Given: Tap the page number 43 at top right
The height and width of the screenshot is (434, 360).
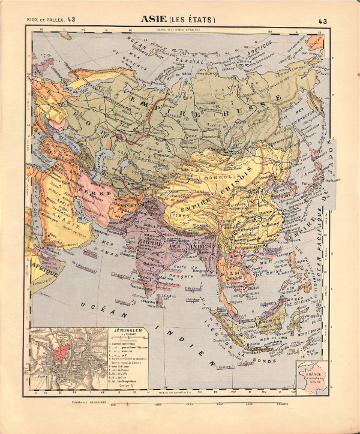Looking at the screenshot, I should [323, 22].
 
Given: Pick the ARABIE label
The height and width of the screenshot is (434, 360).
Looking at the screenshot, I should [56, 227].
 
